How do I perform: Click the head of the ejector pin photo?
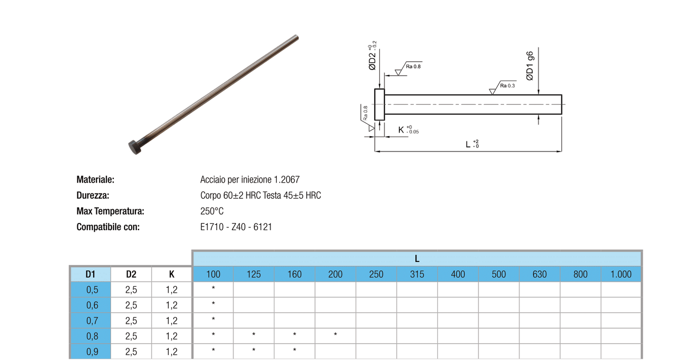click(135, 147)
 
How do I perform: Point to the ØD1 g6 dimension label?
click(530, 66)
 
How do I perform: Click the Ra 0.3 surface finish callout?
click(507, 85)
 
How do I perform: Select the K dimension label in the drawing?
click(408, 129)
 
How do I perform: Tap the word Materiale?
click(96, 180)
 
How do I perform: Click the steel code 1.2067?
click(287, 180)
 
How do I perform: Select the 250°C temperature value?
click(212, 211)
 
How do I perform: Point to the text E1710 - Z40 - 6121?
click(236, 227)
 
